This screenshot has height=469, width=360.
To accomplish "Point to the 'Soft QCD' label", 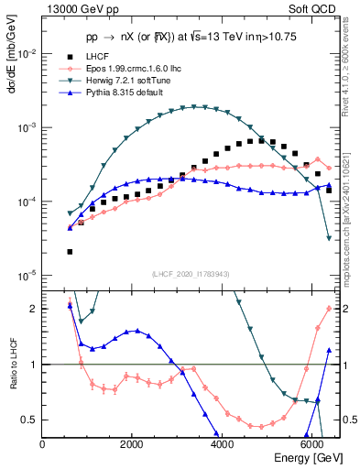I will (x=317, y=10).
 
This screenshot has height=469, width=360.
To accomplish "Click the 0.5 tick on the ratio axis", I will (x=32, y=420).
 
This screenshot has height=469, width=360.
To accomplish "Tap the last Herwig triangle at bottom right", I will (x=329, y=238).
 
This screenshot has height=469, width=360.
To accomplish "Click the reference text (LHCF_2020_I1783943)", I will (x=191, y=274).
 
